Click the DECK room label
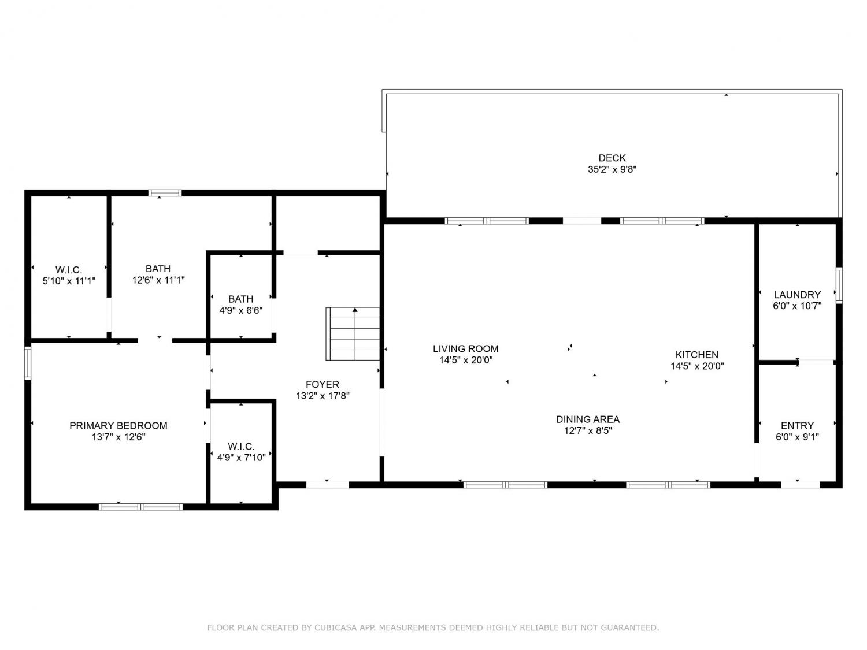point(612,158)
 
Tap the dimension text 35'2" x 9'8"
point(612,169)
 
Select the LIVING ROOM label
point(465,348)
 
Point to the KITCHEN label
point(696,354)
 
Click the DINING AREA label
point(588,419)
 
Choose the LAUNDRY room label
point(797,295)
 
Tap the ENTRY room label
point(797,425)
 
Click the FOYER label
point(323,384)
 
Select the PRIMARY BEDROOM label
point(118,425)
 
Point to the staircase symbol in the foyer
point(353,334)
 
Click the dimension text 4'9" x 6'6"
point(241,311)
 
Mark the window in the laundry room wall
point(839,285)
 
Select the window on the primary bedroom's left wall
point(28,363)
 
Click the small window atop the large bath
point(165,193)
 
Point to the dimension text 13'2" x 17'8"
point(323,395)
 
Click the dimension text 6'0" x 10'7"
point(797,306)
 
